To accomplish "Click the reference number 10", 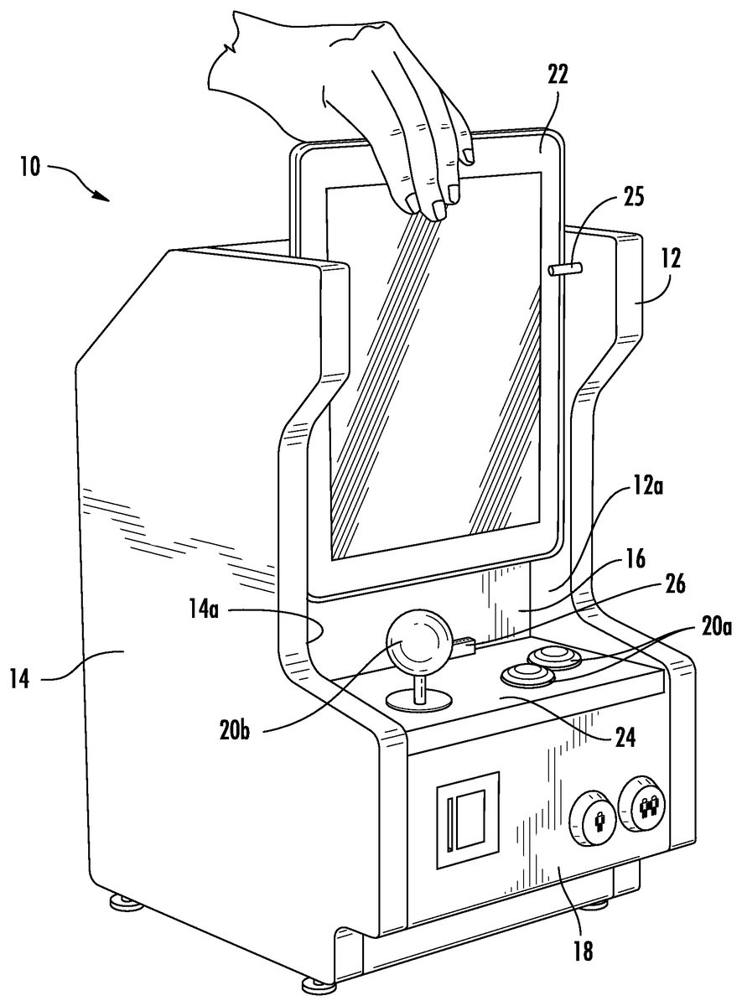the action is pyautogui.click(x=29, y=167).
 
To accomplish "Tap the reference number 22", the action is pyautogui.click(x=558, y=74).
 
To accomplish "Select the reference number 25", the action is pyautogui.click(x=632, y=197).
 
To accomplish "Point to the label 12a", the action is pyautogui.click(x=647, y=486).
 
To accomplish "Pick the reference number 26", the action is pyautogui.click(x=674, y=585).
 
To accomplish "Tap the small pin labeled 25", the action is pyautogui.click(x=565, y=269).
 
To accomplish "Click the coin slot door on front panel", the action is pyautogui.click(x=468, y=820).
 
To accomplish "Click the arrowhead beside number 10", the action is pyautogui.click(x=101, y=196).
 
